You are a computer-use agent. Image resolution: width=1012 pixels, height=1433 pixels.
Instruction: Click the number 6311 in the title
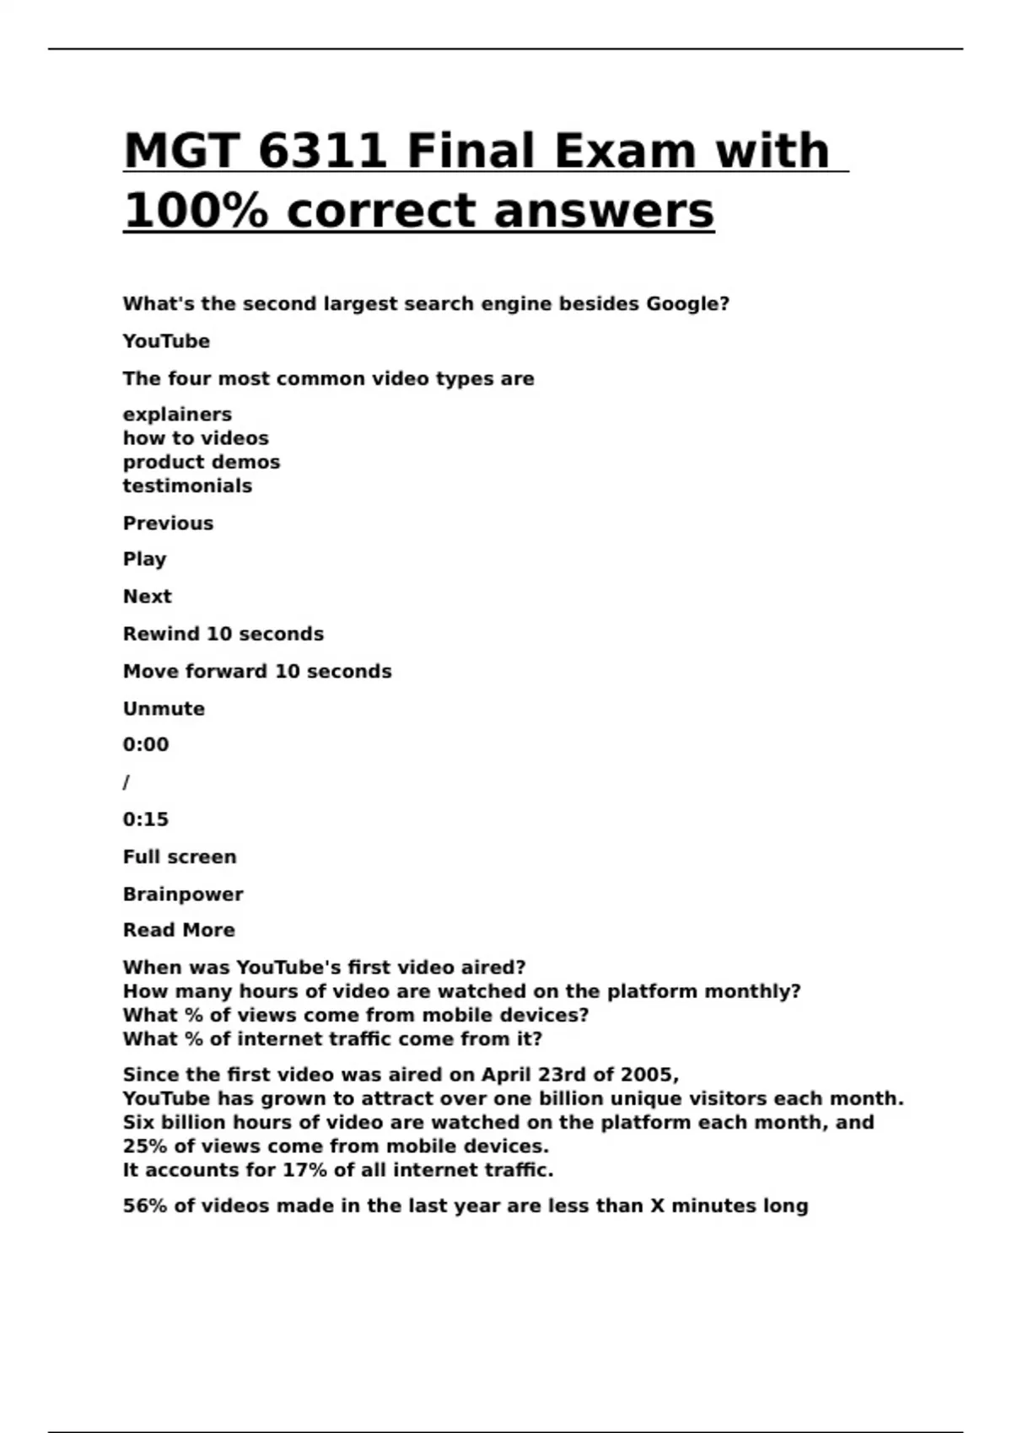click(322, 151)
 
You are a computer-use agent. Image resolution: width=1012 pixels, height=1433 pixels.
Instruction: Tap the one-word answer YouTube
click(166, 341)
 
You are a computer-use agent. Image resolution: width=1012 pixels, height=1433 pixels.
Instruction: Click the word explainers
click(177, 415)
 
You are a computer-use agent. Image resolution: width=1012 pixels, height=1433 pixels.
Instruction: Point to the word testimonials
click(187, 486)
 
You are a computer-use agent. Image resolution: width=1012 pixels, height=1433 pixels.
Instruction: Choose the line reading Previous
click(168, 523)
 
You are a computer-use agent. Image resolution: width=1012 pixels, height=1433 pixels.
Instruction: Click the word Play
click(144, 560)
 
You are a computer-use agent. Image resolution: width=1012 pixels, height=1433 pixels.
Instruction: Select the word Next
click(147, 597)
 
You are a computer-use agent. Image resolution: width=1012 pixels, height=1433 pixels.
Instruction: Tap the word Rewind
click(161, 634)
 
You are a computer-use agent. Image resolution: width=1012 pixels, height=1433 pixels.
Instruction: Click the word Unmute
click(164, 709)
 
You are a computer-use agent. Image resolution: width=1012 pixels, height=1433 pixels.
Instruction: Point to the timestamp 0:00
click(146, 745)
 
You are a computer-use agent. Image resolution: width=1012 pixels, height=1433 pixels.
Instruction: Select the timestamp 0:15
click(146, 819)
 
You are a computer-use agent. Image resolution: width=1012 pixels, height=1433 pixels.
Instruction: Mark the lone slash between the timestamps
click(126, 782)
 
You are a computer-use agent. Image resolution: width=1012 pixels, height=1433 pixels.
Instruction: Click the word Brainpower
click(183, 894)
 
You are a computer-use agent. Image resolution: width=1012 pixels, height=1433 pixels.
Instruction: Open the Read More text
click(179, 931)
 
